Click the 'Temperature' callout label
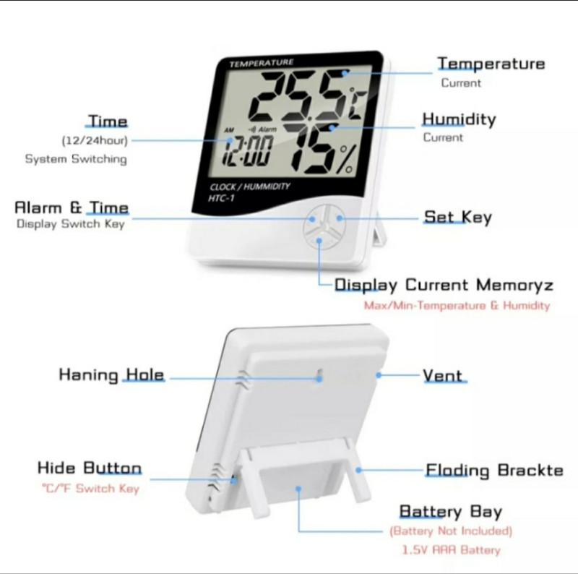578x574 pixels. (491, 64)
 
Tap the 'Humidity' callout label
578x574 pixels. (459, 119)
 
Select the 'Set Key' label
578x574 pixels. (458, 217)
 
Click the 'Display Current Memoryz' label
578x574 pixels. (444, 285)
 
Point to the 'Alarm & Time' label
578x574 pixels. (72, 207)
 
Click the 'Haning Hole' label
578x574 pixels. (111, 374)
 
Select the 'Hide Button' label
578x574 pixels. (90, 468)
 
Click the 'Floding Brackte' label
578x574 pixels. (494, 471)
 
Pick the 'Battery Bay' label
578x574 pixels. (450, 512)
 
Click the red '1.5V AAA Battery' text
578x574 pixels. (451, 550)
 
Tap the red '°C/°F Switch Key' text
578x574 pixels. (91, 489)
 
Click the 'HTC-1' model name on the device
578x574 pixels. (221, 199)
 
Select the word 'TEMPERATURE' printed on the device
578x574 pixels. (262, 63)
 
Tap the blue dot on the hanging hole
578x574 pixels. (319, 379)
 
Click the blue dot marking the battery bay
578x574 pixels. (298, 489)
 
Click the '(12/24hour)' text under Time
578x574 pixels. (95, 140)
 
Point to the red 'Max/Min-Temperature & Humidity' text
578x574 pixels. (457, 306)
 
